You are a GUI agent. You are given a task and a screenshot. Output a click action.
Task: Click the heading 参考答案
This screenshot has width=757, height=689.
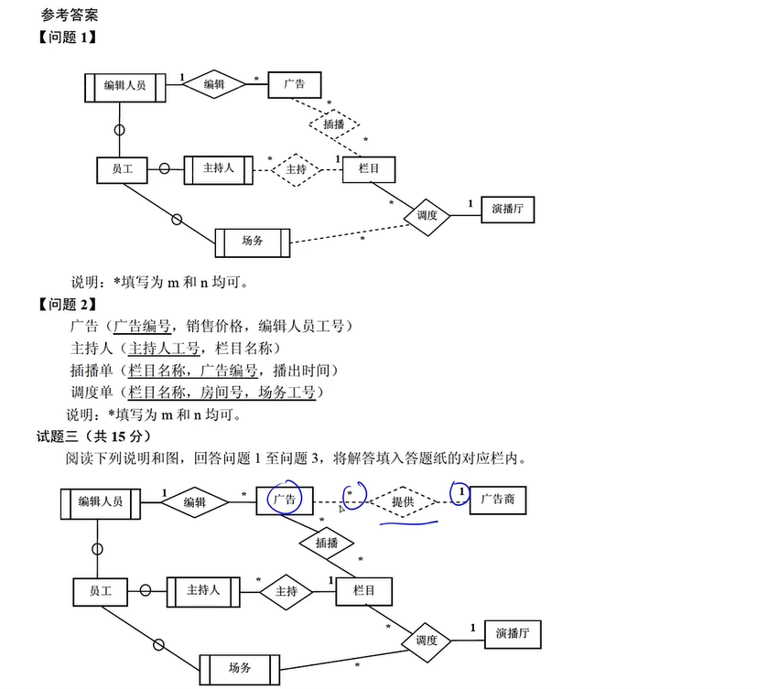coord(70,16)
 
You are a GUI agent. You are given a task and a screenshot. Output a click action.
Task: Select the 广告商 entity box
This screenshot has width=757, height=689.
coord(498,501)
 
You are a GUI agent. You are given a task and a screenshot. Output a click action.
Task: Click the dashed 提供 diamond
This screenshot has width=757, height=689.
coord(403,501)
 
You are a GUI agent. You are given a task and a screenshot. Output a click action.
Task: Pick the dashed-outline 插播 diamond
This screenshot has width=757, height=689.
coord(333,124)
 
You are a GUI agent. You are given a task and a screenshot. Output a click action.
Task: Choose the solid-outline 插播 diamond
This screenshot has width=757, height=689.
coord(327,543)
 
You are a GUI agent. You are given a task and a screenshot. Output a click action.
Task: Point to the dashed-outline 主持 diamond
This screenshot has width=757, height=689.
coord(296,169)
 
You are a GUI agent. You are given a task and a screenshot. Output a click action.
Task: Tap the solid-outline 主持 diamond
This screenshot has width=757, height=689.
coord(287,591)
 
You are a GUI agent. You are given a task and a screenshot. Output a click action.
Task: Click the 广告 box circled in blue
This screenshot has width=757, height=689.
coord(285,500)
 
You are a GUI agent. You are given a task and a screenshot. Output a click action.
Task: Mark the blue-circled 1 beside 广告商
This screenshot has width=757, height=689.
coord(461,493)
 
